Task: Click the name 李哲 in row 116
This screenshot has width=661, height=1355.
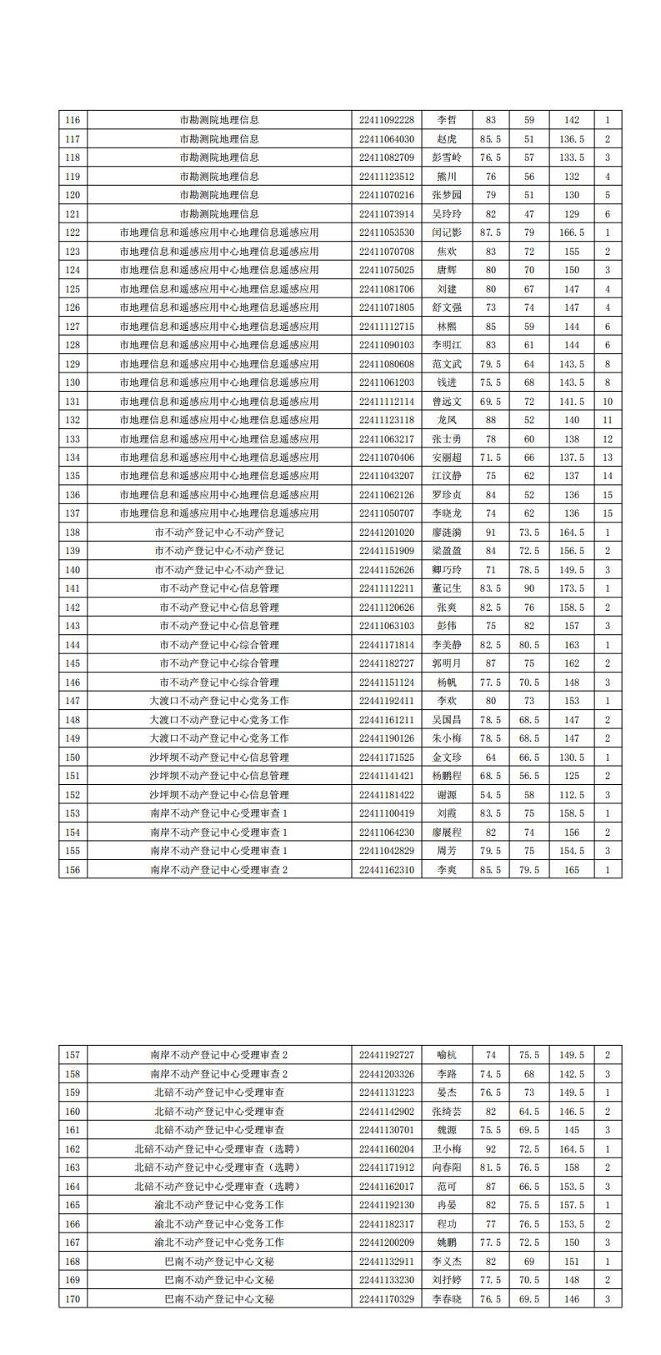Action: click(447, 120)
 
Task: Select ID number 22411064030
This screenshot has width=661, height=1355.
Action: click(386, 139)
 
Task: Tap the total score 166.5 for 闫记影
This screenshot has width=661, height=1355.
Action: click(572, 232)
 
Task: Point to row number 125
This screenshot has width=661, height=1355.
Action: click(73, 289)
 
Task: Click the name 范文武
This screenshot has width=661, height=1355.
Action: click(447, 364)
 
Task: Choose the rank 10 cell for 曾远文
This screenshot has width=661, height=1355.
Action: click(608, 402)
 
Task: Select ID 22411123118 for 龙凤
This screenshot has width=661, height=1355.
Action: click(386, 420)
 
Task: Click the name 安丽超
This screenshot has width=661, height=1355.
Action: click(447, 457)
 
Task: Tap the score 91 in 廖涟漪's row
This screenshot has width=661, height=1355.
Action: click(490, 532)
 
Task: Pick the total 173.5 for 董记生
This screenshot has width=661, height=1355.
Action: click(572, 588)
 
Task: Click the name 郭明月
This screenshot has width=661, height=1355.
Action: click(447, 663)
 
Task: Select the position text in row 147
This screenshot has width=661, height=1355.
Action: click(219, 701)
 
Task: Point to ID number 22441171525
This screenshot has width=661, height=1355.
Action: click(386, 757)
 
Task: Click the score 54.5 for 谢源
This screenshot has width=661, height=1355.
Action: click(490, 795)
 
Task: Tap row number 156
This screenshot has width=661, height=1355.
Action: click(73, 870)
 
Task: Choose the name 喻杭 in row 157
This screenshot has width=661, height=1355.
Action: click(447, 1055)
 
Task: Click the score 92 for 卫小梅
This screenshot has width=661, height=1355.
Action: click(490, 1149)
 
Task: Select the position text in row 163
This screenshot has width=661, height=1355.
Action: click(219, 1167)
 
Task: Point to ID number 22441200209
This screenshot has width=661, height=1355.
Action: click(386, 1242)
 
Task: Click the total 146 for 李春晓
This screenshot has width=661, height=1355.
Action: click(572, 1299)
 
